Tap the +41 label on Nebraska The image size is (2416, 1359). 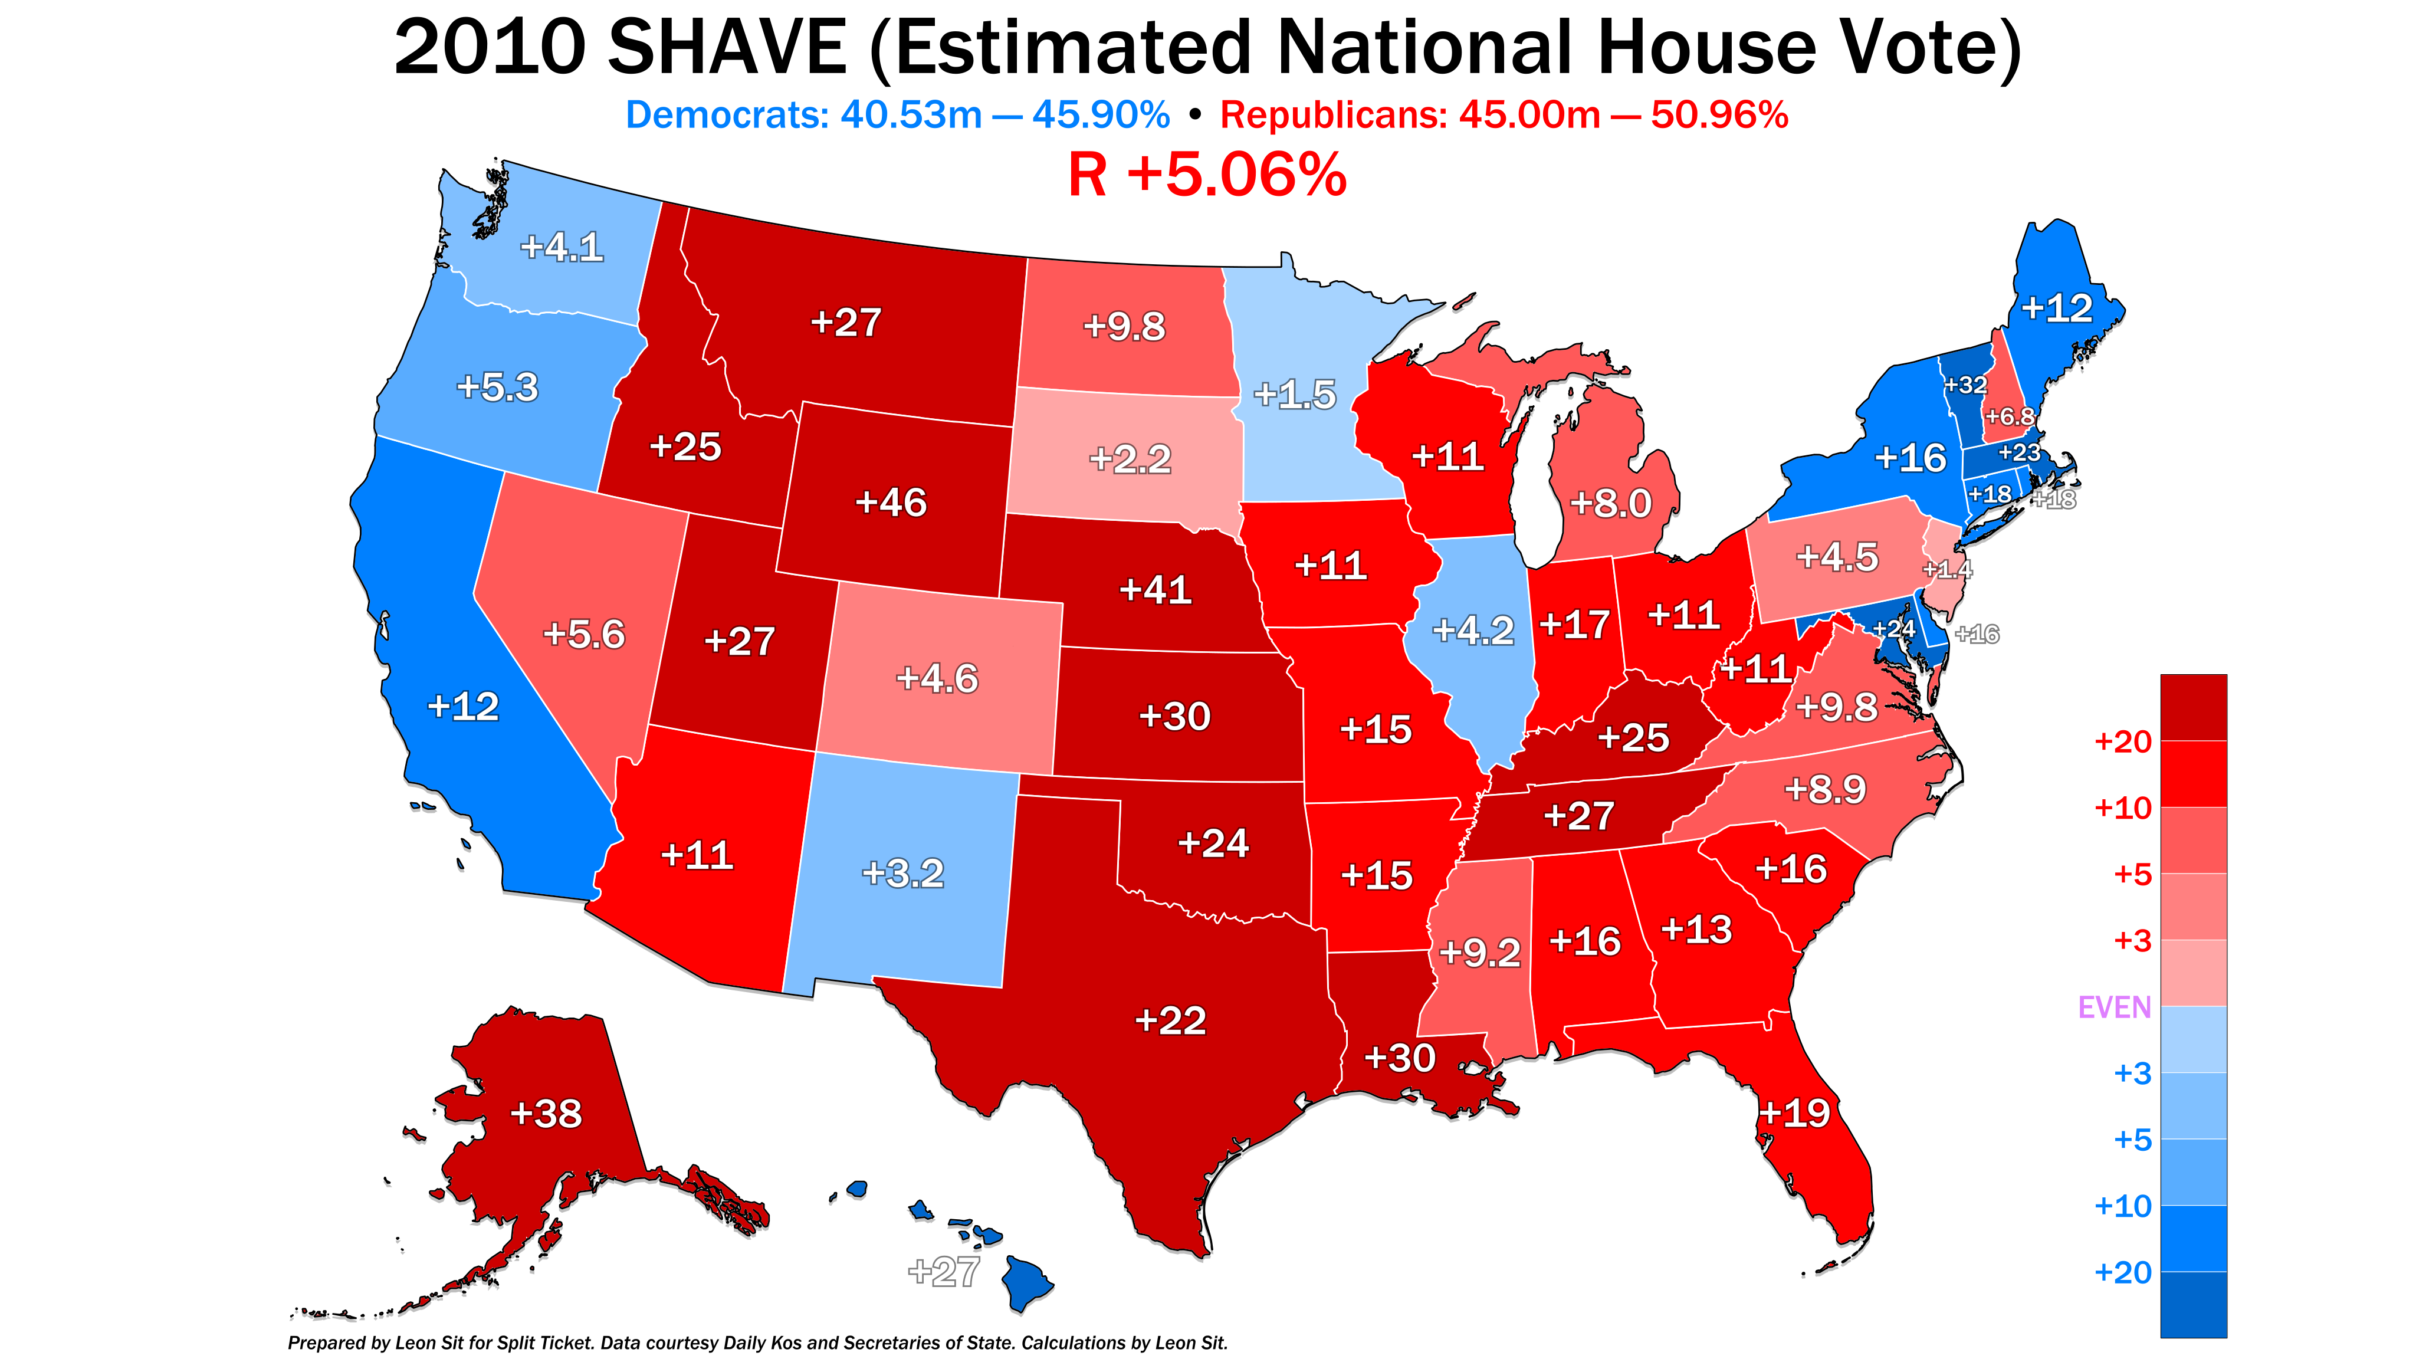tap(1156, 590)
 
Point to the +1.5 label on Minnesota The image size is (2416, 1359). tap(1294, 395)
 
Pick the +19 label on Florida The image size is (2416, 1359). tap(1793, 1113)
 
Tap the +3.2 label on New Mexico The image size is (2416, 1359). tap(902, 873)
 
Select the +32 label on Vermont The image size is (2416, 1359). tap(1964, 385)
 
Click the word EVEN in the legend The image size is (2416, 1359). tap(2114, 1007)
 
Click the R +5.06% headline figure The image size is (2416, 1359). tap(1207, 175)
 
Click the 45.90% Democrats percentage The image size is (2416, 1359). tap(1101, 116)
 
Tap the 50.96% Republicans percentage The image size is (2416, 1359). tap(1719, 116)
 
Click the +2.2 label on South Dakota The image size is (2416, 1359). tap(1129, 459)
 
